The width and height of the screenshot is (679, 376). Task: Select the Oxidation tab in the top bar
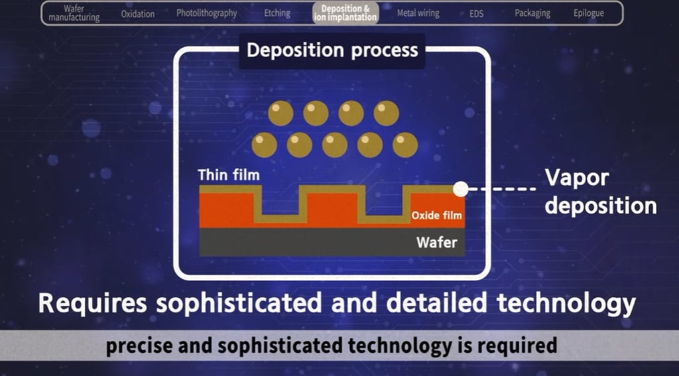[x=138, y=13]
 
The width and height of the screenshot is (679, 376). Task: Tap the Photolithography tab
[x=206, y=13]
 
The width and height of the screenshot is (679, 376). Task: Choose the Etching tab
[x=277, y=13]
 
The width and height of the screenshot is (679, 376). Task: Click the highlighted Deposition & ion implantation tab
[x=345, y=13]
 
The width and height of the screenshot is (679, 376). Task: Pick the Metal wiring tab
[x=418, y=13]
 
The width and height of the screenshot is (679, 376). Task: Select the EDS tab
[x=476, y=13]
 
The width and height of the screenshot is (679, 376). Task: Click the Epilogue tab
[x=588, y=13]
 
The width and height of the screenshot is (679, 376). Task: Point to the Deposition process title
[x=332, y=50]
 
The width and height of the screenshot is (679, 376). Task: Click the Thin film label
[x=228, y=175]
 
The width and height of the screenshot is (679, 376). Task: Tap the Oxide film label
[x=436, y=215]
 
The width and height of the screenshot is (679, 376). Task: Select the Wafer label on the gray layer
[x=436, y=242]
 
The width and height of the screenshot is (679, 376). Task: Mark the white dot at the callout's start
[x=460, y=189]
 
